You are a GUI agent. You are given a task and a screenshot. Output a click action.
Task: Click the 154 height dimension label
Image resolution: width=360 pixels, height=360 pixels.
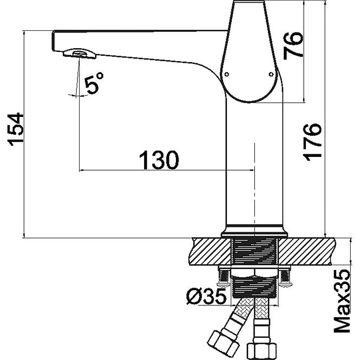pos(16,129)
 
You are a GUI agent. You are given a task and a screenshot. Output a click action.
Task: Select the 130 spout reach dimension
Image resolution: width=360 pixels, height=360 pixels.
pos(159,160)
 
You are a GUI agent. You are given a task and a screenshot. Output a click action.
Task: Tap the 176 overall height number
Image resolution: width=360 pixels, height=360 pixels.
pos(312,142)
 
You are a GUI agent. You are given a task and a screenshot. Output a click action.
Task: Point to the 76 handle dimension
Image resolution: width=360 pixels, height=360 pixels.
pos(293,46)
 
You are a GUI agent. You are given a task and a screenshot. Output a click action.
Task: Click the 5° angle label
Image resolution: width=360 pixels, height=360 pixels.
pos(94,83)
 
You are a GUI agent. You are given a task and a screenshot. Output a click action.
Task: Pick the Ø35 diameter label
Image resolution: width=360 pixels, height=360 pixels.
pos(206,297)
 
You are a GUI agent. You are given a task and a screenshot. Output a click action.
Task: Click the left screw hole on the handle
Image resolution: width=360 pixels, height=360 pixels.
pos(227,74)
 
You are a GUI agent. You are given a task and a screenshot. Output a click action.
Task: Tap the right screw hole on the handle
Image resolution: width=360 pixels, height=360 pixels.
pos(271,74)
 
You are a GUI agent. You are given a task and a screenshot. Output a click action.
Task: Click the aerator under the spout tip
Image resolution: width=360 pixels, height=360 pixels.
pos(80,54)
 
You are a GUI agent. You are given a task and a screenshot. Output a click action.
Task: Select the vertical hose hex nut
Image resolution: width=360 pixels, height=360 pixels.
pos(261,351)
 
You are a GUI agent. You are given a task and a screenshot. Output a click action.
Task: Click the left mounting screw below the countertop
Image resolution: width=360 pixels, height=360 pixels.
pos(224,278)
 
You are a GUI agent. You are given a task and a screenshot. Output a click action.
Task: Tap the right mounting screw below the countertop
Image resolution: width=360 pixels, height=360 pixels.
pos(285,278)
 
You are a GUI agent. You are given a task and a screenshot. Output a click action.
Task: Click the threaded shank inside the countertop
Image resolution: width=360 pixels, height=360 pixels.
pos(254,251)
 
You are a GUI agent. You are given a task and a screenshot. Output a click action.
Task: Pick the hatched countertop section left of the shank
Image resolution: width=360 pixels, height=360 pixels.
pos(210,251)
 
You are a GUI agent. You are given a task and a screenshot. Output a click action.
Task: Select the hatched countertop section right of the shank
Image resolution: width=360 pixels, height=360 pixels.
pos(306,251)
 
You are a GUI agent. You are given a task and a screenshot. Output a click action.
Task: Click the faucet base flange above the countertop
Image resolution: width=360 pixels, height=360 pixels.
pos(254,232)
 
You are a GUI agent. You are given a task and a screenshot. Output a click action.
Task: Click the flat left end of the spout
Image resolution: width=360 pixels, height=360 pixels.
pos(53,41)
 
